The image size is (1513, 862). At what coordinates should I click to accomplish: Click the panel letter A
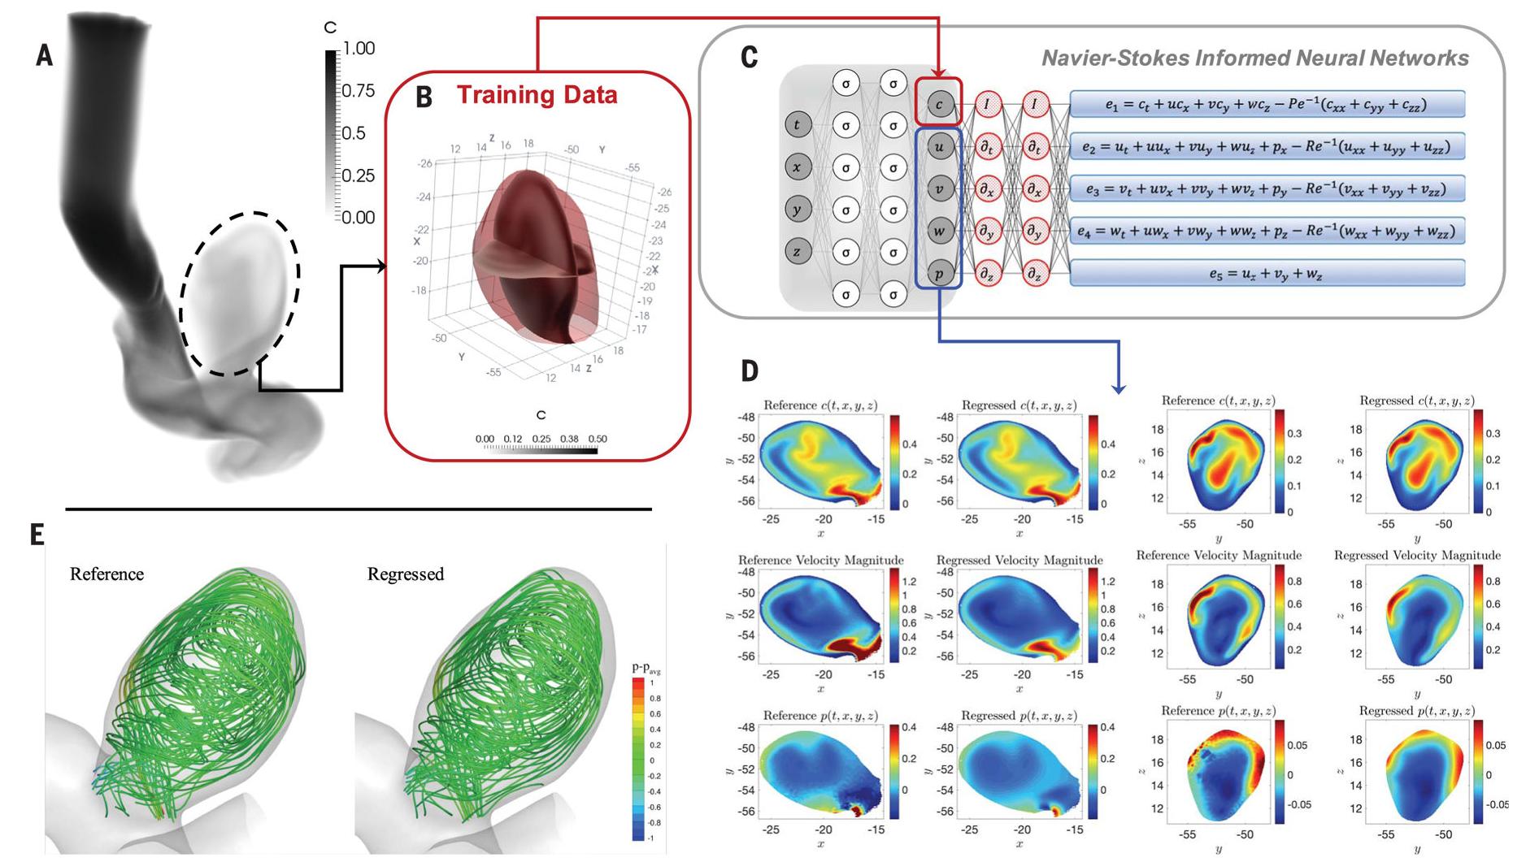[45, 55]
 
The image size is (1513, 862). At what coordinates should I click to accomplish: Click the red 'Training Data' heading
[537, 95]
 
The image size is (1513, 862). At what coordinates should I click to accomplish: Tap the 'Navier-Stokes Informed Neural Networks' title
[1254, 58]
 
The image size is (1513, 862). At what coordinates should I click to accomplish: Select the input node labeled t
[797, 125]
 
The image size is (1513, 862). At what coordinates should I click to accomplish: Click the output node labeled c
[939, 104]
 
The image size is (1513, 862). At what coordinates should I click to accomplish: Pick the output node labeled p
[939, 274]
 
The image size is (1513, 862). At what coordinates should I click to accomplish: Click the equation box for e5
[1267, 274]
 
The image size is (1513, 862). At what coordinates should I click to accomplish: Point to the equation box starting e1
[1267, 104]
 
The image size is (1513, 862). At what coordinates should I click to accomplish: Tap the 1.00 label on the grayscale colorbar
[359, 49]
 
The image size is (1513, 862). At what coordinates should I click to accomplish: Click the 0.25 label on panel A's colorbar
[359, 175]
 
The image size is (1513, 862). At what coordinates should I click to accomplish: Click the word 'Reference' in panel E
[107, 574]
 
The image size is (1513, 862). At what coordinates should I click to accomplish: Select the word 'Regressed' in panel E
[406, 574]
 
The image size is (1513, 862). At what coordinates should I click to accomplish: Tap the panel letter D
[749, 371]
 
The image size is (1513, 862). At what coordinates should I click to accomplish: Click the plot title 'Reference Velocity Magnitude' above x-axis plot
[820, 560]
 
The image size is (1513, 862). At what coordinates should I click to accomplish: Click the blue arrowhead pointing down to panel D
[1119, 389]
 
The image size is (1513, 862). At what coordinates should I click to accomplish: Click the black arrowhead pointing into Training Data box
[381, 266]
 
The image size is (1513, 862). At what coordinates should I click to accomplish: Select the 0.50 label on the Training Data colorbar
[597, 439]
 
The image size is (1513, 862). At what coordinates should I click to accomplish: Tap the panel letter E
[37, 535]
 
